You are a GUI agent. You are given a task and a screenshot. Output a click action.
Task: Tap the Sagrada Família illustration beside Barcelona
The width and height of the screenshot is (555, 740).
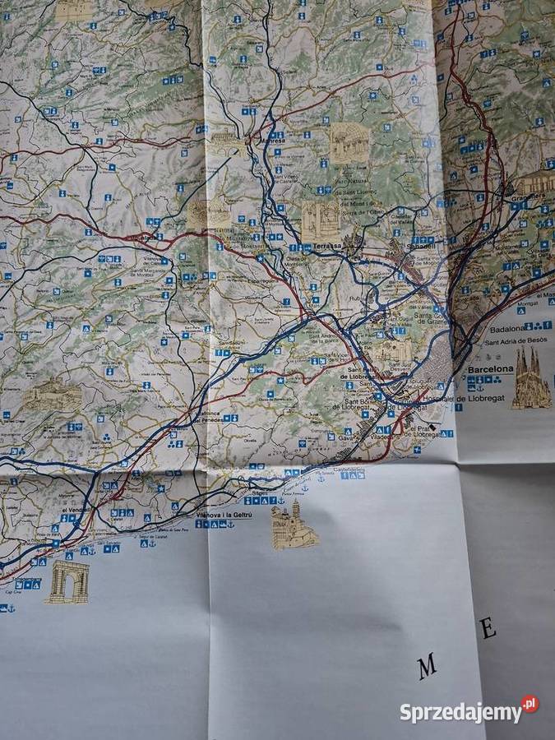[531, 379]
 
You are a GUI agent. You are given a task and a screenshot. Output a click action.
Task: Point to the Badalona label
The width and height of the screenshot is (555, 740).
[507, 328]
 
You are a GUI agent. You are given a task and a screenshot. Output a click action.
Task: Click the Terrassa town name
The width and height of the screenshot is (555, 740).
[326, 246]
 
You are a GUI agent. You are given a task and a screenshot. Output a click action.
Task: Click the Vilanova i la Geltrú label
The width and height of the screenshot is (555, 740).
[224, 515]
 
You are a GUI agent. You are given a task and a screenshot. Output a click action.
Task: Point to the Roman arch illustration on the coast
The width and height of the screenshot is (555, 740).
[67, 582]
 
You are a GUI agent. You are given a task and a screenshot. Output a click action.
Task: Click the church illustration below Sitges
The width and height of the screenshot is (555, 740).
[294, 525]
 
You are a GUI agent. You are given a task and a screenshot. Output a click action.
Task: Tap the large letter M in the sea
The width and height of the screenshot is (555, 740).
[427, 667]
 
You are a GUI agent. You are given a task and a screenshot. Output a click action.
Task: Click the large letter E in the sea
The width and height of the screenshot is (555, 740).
[488, 630]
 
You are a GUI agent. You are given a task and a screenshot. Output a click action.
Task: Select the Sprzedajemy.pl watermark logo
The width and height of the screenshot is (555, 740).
[469, 710]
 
